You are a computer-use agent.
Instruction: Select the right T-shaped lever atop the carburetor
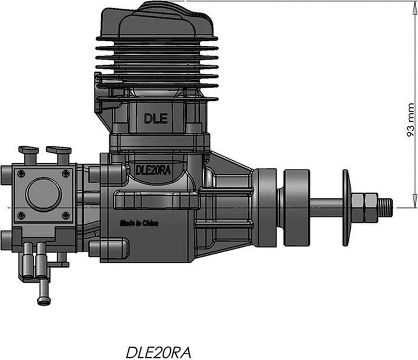click(58, 153)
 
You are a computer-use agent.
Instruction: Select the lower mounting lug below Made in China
click(105, 249)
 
